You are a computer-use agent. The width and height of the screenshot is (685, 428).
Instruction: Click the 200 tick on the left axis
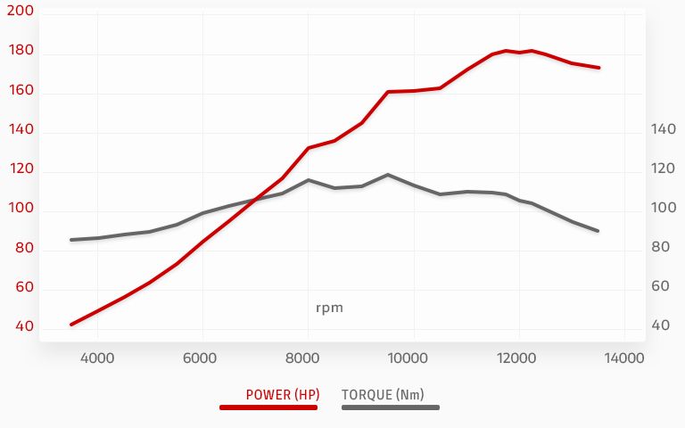[x=21, y=12]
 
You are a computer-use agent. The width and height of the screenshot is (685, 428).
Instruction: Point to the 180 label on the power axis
[x=21, y=51]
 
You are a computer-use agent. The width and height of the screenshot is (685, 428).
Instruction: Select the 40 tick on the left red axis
[x=25, y=326]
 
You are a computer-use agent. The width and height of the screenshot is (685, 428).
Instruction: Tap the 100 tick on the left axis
[x=21, y=208]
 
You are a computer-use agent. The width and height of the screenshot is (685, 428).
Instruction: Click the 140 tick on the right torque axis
[x=664, y=129]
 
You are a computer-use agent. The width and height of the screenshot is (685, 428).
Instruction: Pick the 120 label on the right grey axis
[x=664, y=169]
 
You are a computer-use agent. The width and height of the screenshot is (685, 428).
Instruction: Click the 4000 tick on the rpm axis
[x=97, y=358]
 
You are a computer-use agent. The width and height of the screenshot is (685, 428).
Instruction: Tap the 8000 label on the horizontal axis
[x=308, y=358]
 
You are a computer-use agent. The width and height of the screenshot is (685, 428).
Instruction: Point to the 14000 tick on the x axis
[x=621, y=358]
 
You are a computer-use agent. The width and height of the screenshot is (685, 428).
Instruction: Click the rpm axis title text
[x=329, y=308]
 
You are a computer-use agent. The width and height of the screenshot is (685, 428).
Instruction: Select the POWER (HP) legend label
[x=281, y=394]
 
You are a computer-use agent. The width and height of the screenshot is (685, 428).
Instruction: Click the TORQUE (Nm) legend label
[x=383, y=394]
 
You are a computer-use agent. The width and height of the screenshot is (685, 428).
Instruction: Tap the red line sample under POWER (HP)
[x=268, y=407]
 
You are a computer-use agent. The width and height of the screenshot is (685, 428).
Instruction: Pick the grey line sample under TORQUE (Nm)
[x=391, y=407]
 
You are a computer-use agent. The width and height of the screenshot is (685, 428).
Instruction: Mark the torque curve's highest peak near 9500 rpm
[x=388, y=175]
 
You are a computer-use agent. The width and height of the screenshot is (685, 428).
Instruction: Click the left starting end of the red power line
[x=71, y=324]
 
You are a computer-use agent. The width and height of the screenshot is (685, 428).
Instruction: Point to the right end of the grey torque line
[x=598, y=231]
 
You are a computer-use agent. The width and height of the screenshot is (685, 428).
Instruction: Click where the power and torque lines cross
[x=256, y=200]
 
